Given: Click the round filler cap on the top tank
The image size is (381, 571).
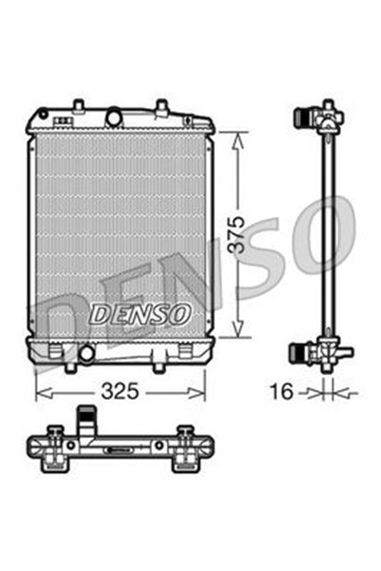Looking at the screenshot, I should coord(113,117).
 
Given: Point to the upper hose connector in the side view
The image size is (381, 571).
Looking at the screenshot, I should coord(306,117).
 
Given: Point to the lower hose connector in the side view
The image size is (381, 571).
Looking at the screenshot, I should coord(306,353).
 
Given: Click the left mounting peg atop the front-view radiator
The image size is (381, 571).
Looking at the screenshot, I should coord(79,106).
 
